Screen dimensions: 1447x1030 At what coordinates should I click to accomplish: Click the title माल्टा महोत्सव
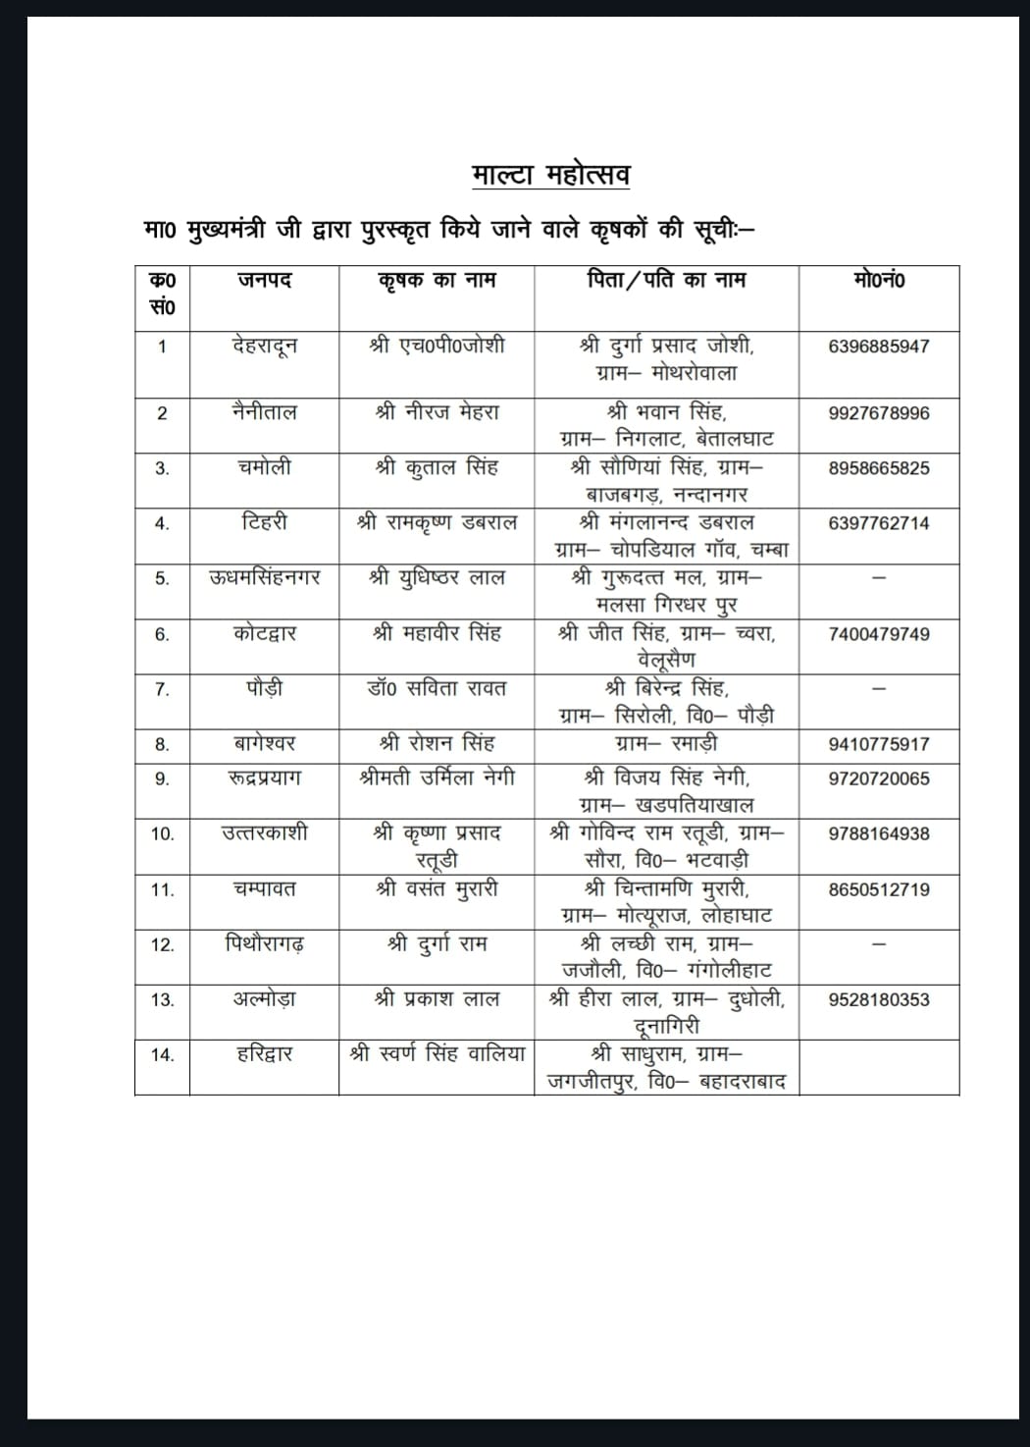click(x=550, y=175)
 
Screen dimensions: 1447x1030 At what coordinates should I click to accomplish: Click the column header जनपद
click(x=264, y=281)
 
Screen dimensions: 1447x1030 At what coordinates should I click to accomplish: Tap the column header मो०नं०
click(x=879, y=281)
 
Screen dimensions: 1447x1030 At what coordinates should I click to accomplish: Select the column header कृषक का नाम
click(x=437, y=281)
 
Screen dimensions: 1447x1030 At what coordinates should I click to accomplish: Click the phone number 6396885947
click(x=879, y=347)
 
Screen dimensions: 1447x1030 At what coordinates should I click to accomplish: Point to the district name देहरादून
click(x=264, y=346)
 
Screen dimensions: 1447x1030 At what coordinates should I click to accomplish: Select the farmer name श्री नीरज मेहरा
click(x=437, y=412)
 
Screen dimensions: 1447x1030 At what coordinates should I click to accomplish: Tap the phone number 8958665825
click(x=879, y=468)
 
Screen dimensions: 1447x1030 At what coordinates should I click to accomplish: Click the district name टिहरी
click(x=264, y=522)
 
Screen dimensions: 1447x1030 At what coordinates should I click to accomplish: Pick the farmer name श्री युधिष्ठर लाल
click(x=437, y=578)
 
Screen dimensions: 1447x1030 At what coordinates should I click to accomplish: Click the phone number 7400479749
click(x=879, y=634)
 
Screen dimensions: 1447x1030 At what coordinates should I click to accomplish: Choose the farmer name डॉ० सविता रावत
click(x=437, y=689)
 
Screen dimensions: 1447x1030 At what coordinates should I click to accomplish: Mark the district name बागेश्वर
click(x=264, y=744)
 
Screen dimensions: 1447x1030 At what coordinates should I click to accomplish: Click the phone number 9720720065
click(x=879, y=778)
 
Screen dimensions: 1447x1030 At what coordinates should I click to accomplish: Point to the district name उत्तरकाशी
click(x=264, y=833)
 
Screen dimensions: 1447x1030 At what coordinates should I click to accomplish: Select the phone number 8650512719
click(x=879, y=889)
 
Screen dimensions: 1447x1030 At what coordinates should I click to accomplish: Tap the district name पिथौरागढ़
click(x=264, y=944)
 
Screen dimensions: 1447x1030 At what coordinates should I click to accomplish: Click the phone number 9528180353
click(x=879, y=999)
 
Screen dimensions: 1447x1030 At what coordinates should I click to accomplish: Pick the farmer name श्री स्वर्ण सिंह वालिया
click(x=437, y=1054)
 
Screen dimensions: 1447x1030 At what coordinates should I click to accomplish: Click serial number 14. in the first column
click(x=162, y=1055)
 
